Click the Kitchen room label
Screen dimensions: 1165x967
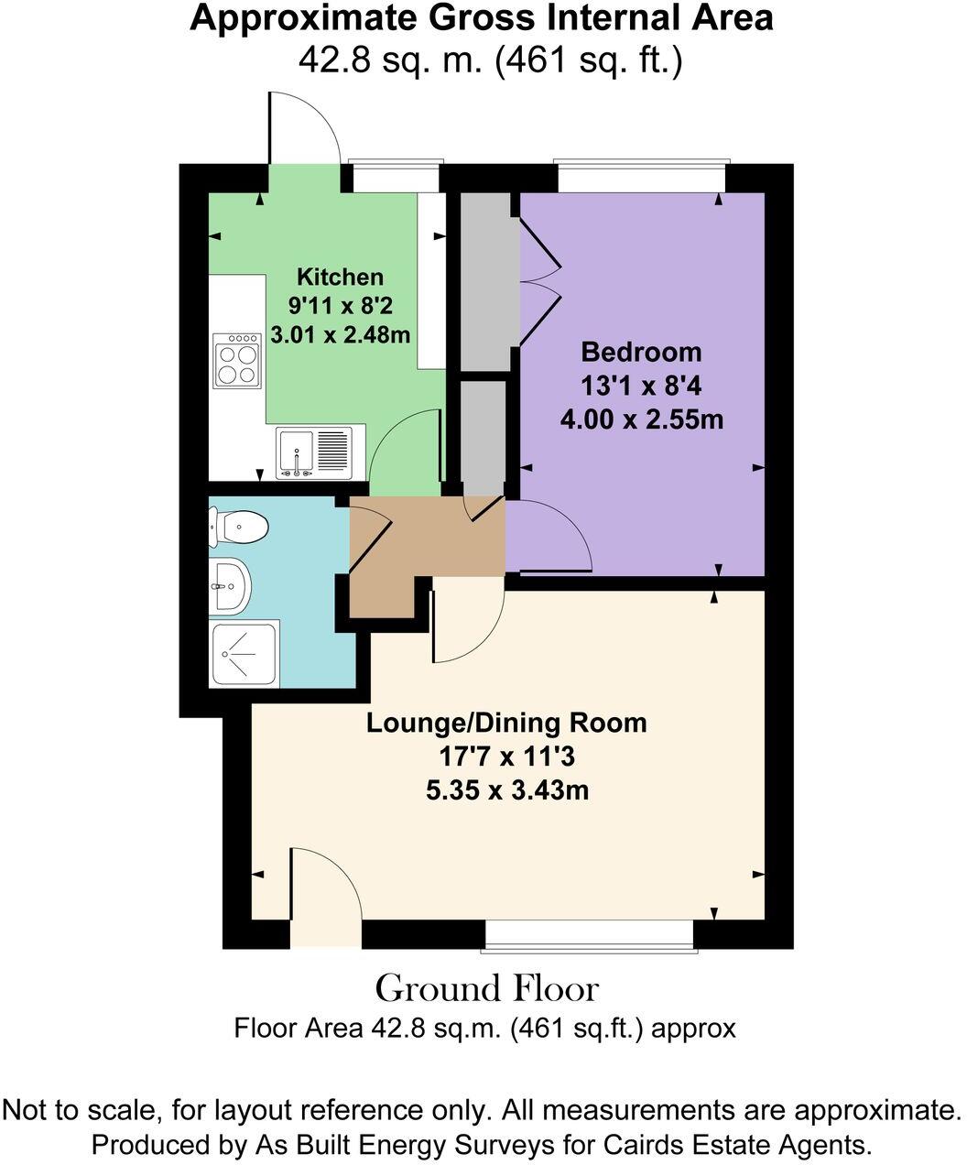pos(340,277)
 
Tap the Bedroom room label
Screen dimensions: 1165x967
pos(641,352)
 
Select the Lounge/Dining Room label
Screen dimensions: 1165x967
pos(506,723)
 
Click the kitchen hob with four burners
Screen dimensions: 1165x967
pos(236,358)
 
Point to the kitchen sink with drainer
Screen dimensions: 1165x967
pos(313,452)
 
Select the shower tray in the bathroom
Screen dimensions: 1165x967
pos(244,653)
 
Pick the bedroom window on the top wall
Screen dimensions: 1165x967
pos(641,177)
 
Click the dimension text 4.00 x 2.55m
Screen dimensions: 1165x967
pos(641,420)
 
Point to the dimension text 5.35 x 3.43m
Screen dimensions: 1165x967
pos(506,789)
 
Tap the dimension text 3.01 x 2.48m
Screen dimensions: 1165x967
pos(340,335)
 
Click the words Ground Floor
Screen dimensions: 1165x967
pos(486,989)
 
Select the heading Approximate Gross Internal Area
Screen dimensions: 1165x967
pos(481,19)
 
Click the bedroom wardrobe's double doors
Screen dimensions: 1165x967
pos(540,283)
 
